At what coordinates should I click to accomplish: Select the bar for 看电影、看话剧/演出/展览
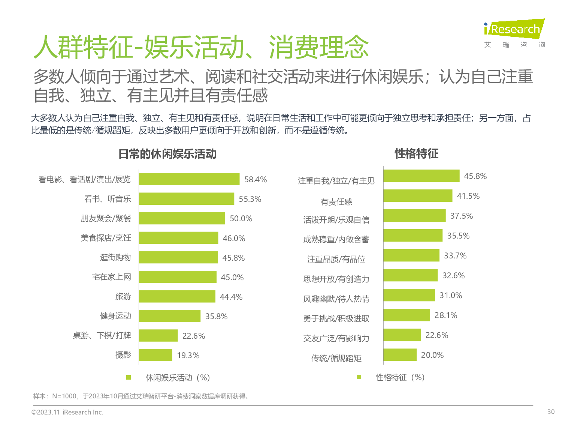tap(189, 179)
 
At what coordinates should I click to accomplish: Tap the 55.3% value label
tap(250, 199)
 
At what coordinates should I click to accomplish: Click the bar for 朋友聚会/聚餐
tap(182, 218)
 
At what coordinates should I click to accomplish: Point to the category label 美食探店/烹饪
tap(106, 238)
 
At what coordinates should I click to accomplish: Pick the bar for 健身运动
tap(170, 316)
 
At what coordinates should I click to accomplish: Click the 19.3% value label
tap(188, 355)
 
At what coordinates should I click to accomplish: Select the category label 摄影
tap(123, 355)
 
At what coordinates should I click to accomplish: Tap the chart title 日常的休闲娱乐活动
tap(167, 154)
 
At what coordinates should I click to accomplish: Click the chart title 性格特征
tap(416, 153)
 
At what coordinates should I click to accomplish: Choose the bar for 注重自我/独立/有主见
tap(421, 176)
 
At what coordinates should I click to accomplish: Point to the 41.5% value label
tap(468, 196)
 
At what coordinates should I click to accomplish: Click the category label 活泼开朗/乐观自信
tap(336, 220)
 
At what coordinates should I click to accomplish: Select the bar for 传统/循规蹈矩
tap(400, 355)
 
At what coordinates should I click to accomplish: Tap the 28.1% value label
tap(446, 315)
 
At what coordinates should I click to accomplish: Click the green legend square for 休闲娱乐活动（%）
tap(129, 377)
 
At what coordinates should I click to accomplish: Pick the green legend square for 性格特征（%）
tap(359, 377)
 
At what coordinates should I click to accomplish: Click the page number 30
tap(551, 412)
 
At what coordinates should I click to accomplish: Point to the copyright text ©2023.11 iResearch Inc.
tap(67, 412)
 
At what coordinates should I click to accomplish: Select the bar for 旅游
tap(177, 296)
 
